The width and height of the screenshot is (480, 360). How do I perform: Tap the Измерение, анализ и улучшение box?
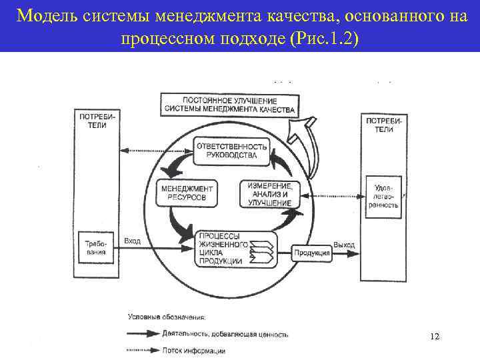coord(269,193)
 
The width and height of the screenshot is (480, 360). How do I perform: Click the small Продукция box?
coord(312,253)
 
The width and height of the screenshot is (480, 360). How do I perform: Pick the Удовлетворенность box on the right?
coord(383,197)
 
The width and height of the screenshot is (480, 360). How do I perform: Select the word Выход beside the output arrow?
coord(344,245)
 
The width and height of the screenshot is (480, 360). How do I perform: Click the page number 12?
coord(435,337)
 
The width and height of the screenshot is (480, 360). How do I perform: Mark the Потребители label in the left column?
coord(97,120)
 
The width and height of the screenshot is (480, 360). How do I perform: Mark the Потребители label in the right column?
coord(383,125)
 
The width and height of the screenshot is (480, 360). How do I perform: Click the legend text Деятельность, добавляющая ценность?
coord(225,334)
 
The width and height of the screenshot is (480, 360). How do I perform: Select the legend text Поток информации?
coord(193,350)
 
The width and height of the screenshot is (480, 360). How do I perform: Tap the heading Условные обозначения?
coord(167,318)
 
